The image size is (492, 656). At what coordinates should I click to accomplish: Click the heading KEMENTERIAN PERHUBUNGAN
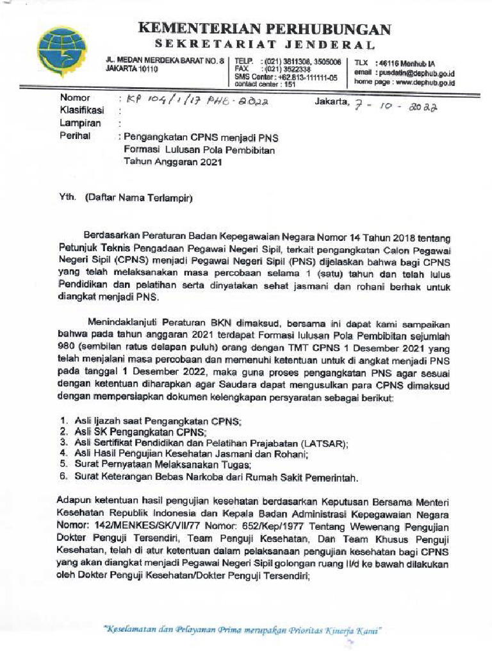tap(265, 29)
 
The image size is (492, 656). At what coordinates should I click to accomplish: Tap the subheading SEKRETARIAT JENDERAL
tap(264, 45)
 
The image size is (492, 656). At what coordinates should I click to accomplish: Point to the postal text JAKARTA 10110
tap(131, 69)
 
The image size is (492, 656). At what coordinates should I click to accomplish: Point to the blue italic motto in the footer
tap(243, 630)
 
